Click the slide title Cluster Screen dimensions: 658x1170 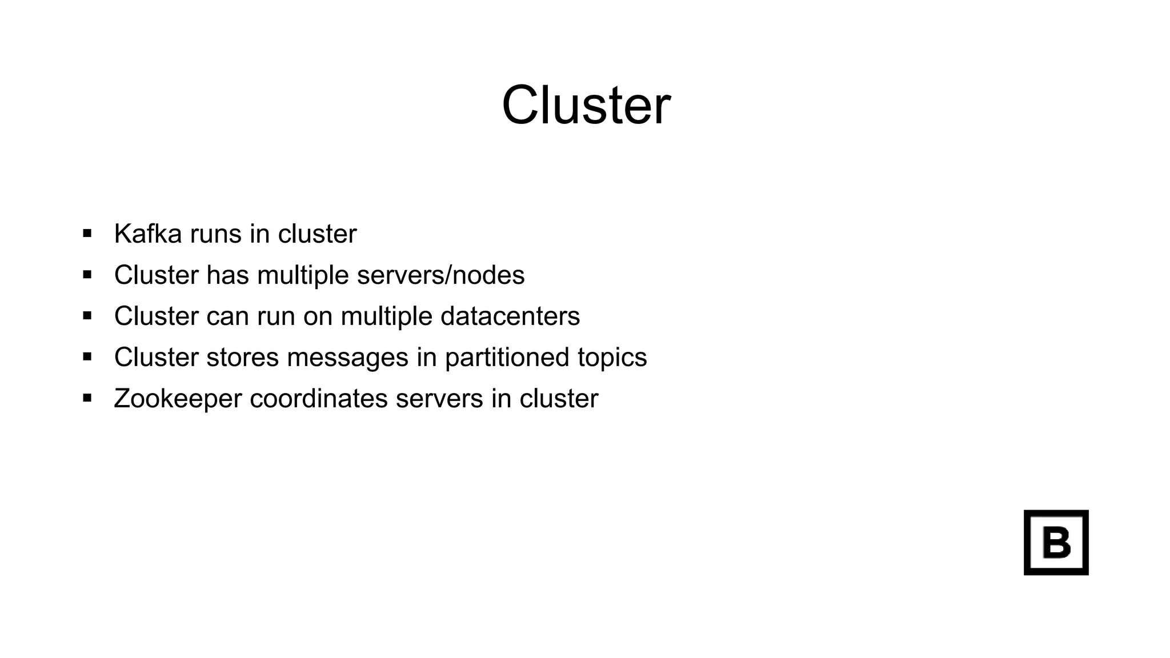(x=586, y=106)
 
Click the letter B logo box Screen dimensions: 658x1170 (x=1056, y=542)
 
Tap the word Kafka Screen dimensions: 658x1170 (x=148, y=234)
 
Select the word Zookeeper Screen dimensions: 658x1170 (x=178, y=399)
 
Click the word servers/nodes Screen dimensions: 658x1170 (x=440, y=275)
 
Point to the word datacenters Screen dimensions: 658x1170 (x=510, y=316)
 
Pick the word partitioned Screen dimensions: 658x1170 (x=507, y=358)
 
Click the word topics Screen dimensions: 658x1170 (x=612, y=358)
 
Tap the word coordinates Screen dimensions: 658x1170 (x=319, y=399)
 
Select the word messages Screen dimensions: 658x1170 (x=347, y=358)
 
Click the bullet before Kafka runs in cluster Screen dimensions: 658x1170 (x=87, y=233)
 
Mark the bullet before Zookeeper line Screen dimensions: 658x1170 (x=87, y=398)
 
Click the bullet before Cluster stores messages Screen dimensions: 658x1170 (x=87, y=357)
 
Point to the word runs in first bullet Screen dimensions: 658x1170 (x=215, y=234)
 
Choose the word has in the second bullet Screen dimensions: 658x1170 (x=227, y=275)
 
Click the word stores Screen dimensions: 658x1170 (x=242, y=358)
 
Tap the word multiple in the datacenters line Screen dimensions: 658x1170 (x=386, y=317)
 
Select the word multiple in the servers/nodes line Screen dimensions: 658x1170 (x=303, y=276)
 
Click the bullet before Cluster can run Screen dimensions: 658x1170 (x=87, y=315)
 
